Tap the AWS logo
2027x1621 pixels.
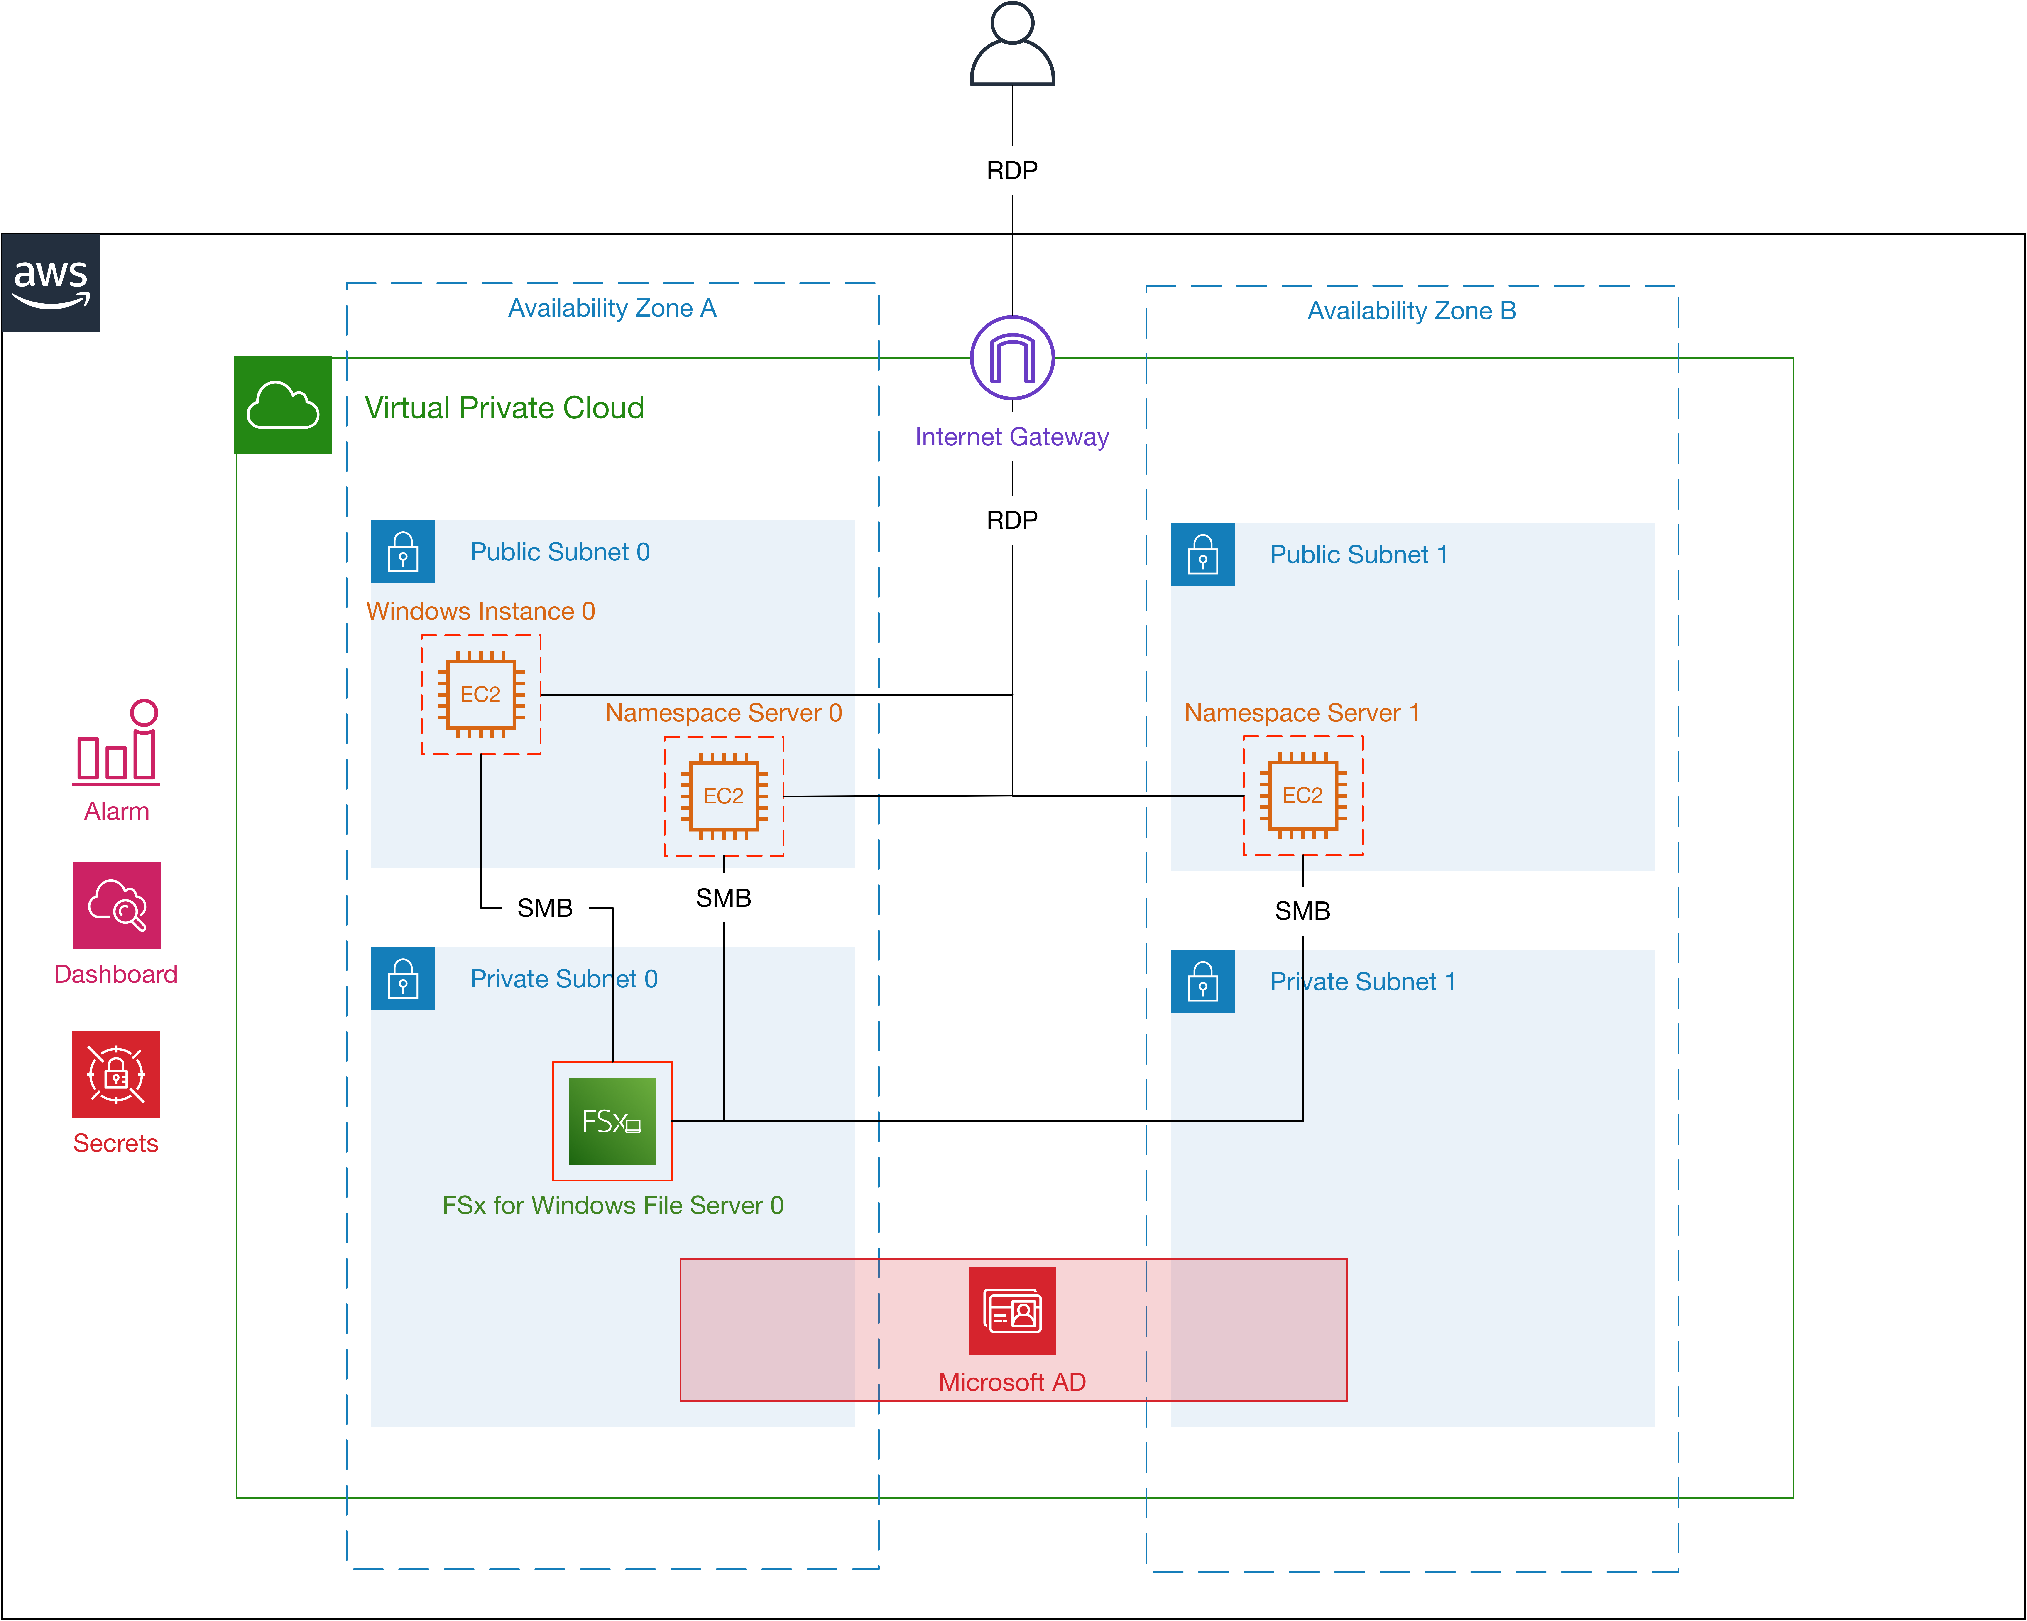click(51, 283)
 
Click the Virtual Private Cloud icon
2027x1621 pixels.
click(283, 404)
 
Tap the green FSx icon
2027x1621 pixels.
click(612, 1121)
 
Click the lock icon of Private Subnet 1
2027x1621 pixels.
click(1202, 982)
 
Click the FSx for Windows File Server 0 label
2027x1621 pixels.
click(613, 1205)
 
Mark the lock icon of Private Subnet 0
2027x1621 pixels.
click(403, 979)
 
